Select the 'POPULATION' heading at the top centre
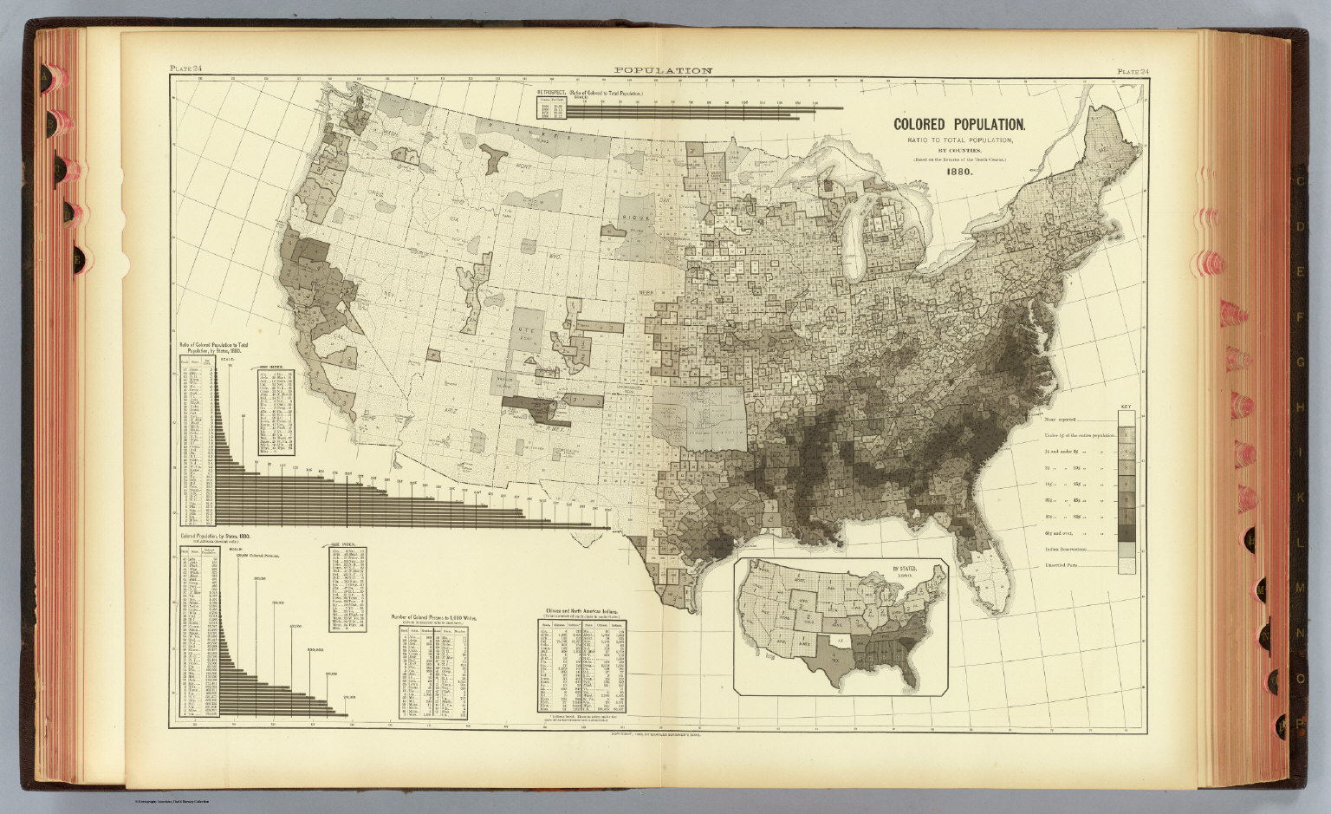[663, 71]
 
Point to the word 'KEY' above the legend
[1126, 407]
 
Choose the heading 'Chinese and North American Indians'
[581, 611]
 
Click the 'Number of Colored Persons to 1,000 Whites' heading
[433, 617]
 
